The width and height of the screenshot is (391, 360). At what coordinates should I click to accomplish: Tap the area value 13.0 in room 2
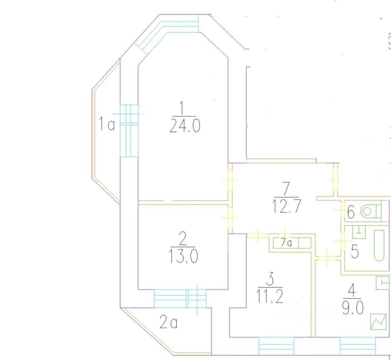tap(182, 256)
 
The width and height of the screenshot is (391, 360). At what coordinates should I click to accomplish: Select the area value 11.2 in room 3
tap(270, 296)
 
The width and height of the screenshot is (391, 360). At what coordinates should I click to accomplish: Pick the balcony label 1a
tap(106, 123)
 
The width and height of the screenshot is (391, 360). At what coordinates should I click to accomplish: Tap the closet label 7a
tap(286, 243)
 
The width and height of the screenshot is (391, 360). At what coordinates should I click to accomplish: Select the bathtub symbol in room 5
tap(379, 245)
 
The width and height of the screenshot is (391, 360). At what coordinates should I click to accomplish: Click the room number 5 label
tap(355, 252)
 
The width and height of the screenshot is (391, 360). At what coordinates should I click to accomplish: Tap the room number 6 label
tap(351, 213)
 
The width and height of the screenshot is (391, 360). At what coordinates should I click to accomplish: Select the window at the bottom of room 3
tap(276, 346)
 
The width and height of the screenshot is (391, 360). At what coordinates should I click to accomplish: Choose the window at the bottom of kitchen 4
tap(357, 346)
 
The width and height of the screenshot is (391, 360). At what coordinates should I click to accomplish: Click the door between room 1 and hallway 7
tap(230, 180)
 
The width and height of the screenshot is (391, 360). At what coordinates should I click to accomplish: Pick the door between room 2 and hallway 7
tap(230, 218)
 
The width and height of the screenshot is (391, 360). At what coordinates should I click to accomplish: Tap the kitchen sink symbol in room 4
tap(383, 283)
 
